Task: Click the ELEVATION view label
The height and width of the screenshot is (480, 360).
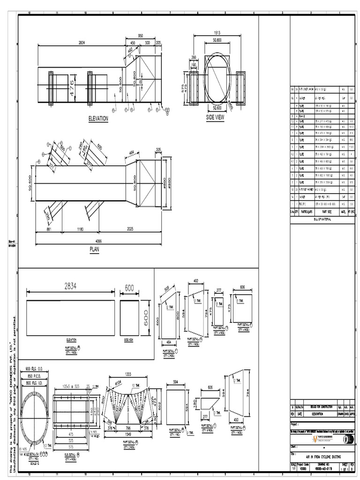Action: click(98, 119)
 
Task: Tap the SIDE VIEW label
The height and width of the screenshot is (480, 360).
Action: click(215, 117)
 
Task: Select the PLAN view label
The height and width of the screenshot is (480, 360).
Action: click(95, 250)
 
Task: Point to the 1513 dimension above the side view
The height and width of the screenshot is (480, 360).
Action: click(217, 33)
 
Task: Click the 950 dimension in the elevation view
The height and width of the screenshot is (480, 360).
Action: click(141, 36)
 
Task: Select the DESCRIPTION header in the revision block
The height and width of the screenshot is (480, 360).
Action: click(321, 414)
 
